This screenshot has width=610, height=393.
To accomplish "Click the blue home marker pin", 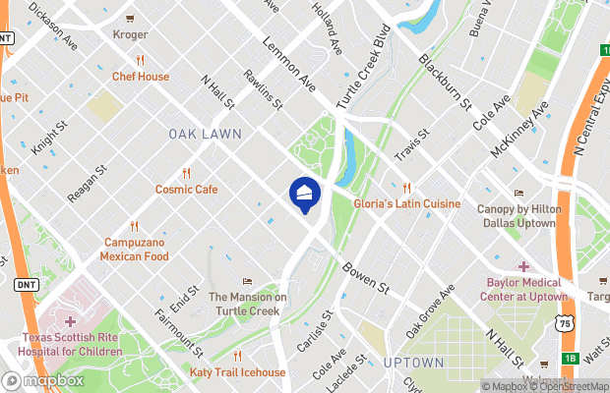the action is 305,192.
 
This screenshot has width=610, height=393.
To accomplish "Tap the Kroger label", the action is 131,34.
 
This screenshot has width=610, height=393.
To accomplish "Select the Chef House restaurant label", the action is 141,76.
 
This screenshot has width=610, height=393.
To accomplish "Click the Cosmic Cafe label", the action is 186,189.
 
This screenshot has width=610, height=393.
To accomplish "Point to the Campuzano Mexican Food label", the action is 134,249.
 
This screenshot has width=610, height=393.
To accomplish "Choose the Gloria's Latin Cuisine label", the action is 406,203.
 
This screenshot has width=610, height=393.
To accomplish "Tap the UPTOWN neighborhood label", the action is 413,363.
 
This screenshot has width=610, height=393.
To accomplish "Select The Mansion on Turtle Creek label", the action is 247,304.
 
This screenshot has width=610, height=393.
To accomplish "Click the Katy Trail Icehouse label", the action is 237,372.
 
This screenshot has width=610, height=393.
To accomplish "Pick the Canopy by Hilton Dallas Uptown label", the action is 518,214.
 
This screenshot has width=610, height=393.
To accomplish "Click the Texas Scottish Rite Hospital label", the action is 68,344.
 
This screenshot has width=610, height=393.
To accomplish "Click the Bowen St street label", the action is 366,277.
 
